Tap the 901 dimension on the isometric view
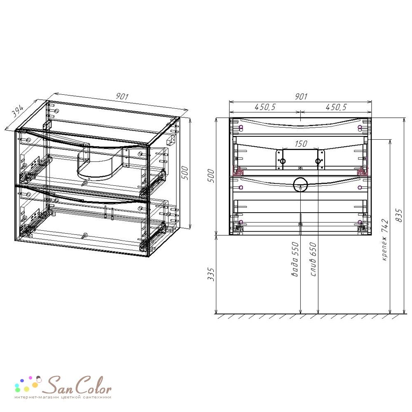coord(122,96)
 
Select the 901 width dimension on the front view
coord(301,96)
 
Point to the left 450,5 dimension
coord(265,107)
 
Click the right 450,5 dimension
coord(336,107)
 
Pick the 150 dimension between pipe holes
coord(301,143)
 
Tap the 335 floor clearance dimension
coord(211,274)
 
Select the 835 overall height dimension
coord(399,215)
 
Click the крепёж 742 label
coord(384,240)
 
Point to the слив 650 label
coord(313,259)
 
